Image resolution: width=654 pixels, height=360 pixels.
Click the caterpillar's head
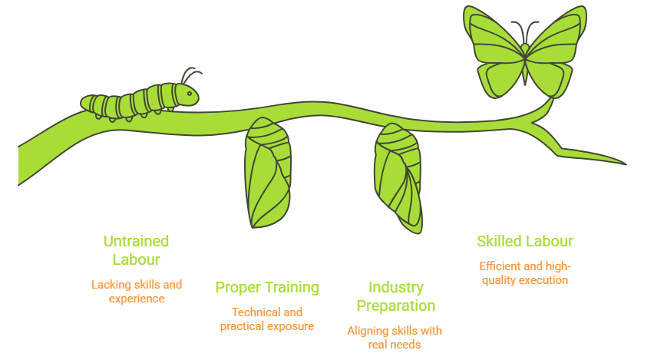tap(187, 94)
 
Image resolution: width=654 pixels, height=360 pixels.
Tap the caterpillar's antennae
tap(190, 75)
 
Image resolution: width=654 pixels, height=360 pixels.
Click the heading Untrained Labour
tap(136, 250)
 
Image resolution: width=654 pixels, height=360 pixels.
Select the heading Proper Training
tap(267, 288)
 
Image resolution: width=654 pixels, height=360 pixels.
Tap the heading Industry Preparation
tap(396, 296)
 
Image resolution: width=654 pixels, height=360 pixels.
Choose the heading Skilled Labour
tap(524, 241)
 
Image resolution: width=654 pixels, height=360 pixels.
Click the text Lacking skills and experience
tap(137, 291)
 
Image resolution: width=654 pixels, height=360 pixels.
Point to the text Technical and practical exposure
tap(267, 319)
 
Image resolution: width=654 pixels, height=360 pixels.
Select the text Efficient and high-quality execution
tap(525, 273)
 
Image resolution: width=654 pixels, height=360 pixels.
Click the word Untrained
tap(136, 241)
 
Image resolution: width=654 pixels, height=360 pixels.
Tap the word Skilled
tap(500, 241)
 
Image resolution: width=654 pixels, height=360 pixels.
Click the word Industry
tap(396, 287)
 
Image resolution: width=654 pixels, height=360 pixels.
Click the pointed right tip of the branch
tap(624, 163)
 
